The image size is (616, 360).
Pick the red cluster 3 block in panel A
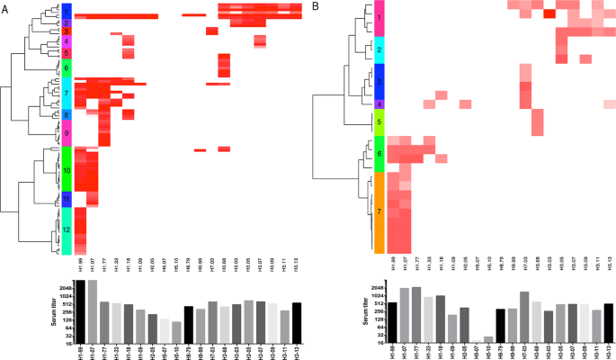[x=67, y=31]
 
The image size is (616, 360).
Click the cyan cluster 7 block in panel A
[x=67, y=93]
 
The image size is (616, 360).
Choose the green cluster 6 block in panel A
[x=67, y=67]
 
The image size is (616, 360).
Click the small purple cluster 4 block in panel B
[x=379, y=104]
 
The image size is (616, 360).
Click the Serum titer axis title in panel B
[x=354, y=314]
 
